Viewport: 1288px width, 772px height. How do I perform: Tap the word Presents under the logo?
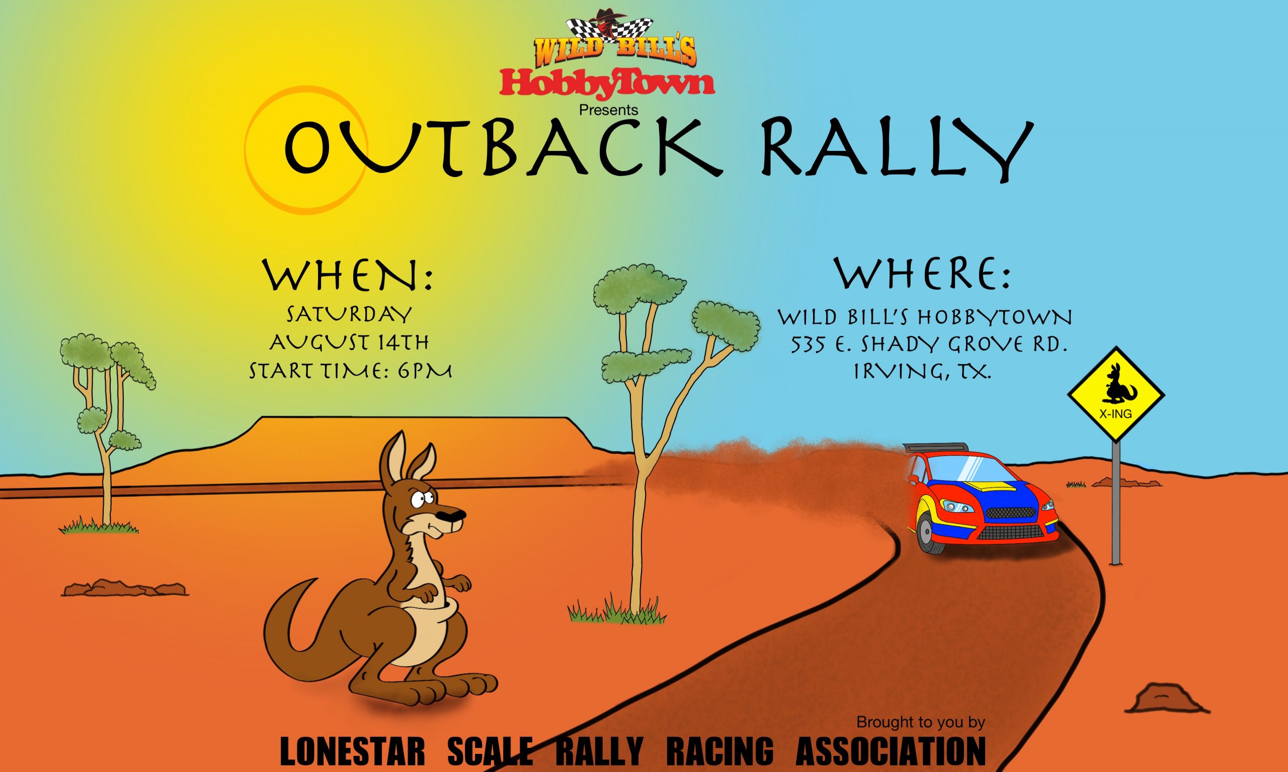point(608,110)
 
